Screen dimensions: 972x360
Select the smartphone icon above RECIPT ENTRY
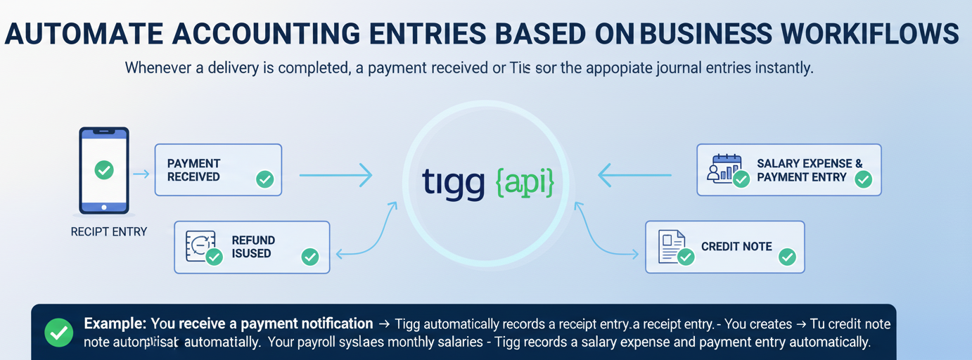click(103, 170)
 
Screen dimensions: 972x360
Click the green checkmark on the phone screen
click(103, 169)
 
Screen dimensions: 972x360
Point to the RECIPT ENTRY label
click(109, 231)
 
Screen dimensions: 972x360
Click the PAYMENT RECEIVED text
click(194, 170)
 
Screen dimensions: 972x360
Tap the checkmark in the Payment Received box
click(264, 179)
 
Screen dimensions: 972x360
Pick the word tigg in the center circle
click(454, 181)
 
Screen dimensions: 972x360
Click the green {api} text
click(525, 181)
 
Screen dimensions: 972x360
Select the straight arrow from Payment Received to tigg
click(335, 175)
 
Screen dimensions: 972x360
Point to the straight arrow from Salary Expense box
click(635, 175)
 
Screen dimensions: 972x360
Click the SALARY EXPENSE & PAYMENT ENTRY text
click(809, 170)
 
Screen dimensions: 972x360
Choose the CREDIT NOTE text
click(736, 247)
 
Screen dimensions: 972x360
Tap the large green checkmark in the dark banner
click(58, 333)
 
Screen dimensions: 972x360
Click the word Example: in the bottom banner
click(115, 324)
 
